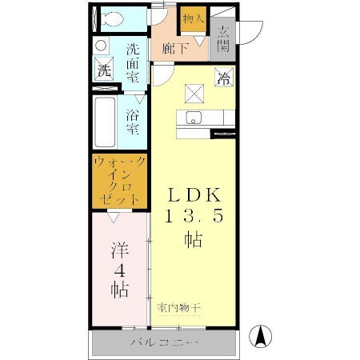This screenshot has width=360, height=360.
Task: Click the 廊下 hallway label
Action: coord(174,49)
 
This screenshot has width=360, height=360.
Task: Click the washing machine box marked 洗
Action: coord(104,70)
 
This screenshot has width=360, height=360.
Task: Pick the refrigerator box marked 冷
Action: coord(223,78)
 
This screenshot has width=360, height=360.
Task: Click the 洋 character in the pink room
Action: coord(117,250)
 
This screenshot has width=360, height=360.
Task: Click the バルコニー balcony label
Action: coord(164,343)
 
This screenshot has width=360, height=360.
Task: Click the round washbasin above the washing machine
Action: coord(101,46)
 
